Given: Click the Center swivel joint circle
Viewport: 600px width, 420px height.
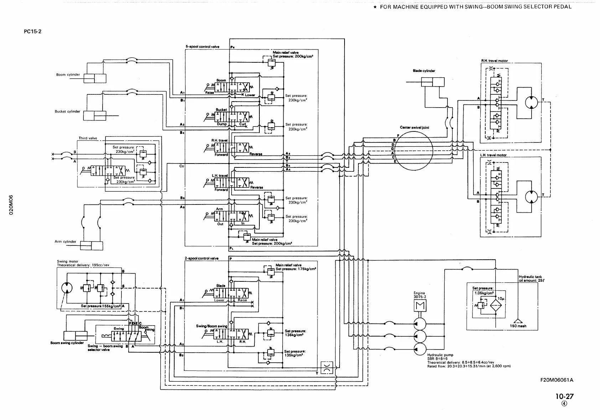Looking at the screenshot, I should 413,150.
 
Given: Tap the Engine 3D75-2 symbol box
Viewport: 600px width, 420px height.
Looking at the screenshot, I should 419,305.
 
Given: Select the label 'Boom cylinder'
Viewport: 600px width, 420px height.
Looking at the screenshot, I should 68,75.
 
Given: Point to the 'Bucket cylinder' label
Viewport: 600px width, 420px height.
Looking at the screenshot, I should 67,112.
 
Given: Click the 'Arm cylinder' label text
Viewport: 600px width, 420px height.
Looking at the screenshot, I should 65,242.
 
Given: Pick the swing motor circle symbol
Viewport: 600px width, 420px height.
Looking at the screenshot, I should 67,287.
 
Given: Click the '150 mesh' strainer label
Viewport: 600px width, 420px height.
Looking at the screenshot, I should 518,326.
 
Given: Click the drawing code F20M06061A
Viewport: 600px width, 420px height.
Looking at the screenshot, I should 557,380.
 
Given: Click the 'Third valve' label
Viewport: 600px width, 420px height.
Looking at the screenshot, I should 88,138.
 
